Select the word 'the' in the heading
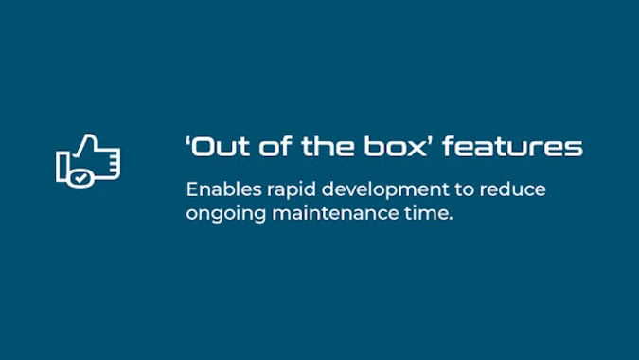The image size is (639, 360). pos(328,146)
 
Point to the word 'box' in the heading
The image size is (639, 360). pos(395,146)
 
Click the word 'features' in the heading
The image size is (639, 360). pos(513,146)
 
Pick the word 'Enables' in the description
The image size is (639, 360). pos(223,189)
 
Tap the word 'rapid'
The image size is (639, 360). pos(292,191)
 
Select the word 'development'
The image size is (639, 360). pos(385,191)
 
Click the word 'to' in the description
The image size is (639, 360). pos(464,190)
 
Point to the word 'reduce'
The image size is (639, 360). pos(513,189)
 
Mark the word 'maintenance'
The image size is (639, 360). pos(335,213)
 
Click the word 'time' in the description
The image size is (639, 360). pos(425,213)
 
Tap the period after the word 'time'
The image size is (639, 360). pos(450,219)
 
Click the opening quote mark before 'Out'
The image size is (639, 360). pos(187,140)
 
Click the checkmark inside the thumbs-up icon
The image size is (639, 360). pos(80,178)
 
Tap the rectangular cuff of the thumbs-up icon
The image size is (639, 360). pos(62,167)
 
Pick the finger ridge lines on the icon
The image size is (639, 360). pos(115,163)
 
